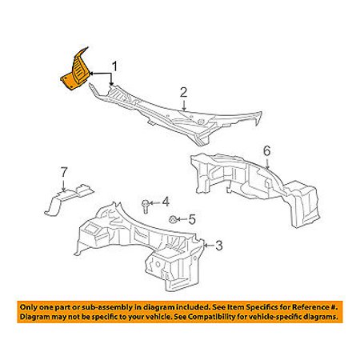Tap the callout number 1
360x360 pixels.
(114, 66)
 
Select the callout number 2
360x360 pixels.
(183, 93)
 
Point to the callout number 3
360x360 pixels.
(219, 246)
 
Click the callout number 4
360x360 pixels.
(166, 202)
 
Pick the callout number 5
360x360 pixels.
(192, 219)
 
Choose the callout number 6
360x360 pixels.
(266, 151)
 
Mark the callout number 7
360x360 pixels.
(64, 172)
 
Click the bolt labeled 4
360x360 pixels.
(145, 206)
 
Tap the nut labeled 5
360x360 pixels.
(172, 219)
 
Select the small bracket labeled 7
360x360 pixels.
(69, 198)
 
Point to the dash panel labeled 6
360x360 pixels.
(254, 186)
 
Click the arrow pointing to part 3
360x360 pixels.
(209, 246)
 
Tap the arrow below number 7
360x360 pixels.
(64, 185)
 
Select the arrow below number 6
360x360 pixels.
(267, 163)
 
